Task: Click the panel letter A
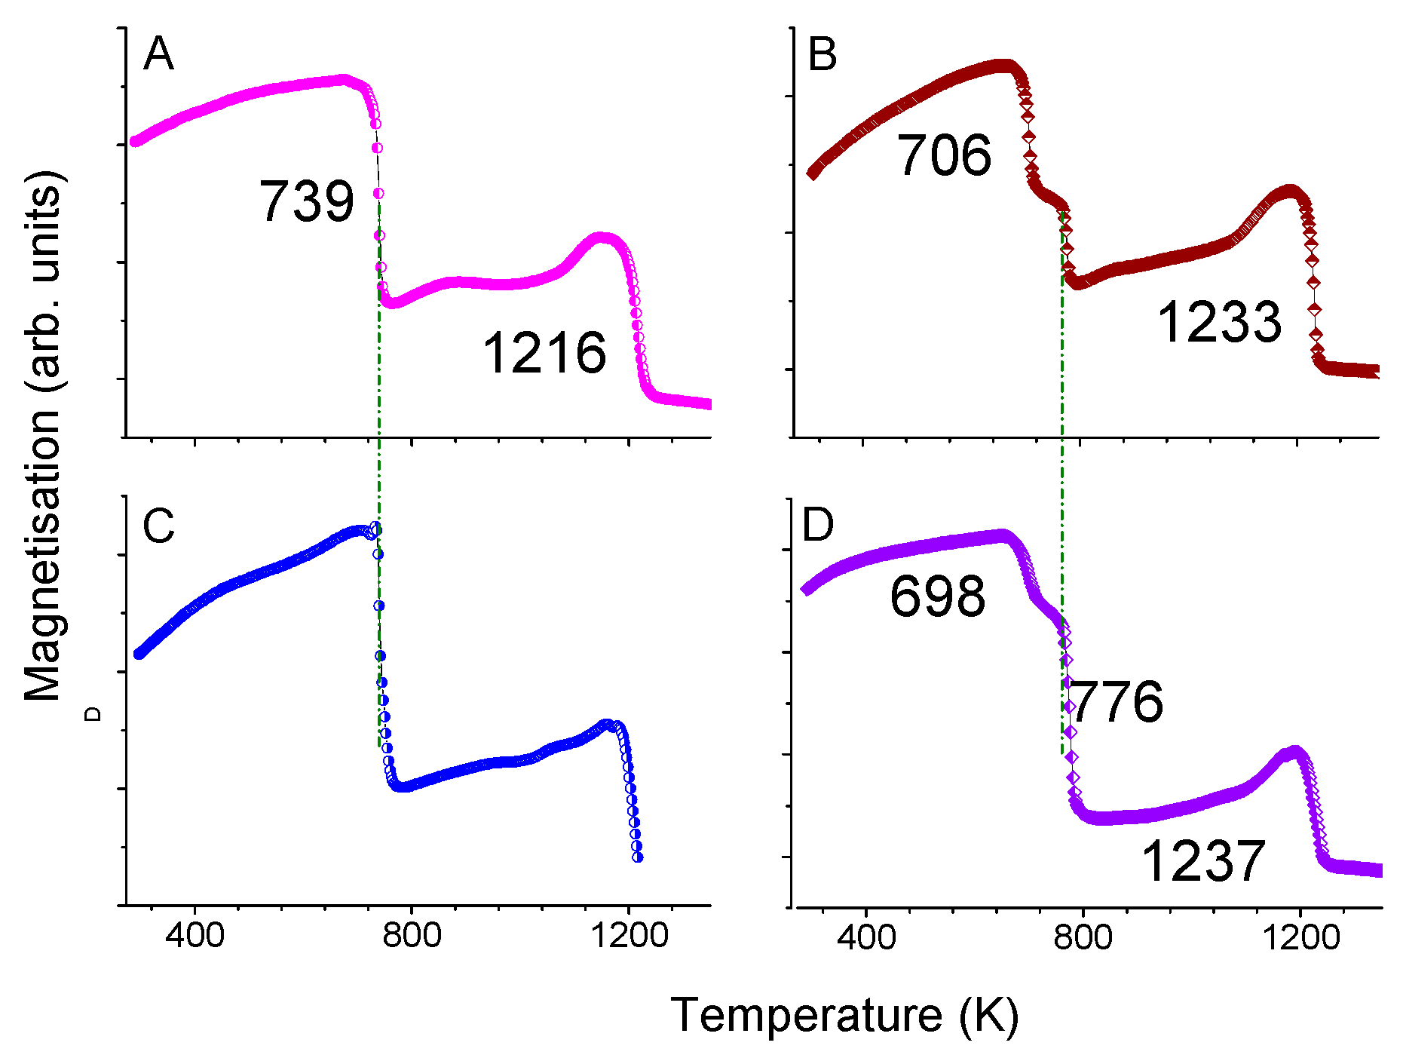(158, 55)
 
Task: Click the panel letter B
(822, 55)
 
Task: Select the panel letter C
(158, 526)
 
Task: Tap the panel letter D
(818, 524)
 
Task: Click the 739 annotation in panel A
(307, 202)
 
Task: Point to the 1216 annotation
(544, 353)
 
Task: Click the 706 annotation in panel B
(944, 156)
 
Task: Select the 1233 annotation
(1219, 322)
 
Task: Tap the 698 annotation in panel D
(937, 596)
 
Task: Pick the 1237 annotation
(1203, 861)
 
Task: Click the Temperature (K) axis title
(844, 1015)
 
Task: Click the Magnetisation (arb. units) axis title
(43, 437)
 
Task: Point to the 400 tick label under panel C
(195, 936)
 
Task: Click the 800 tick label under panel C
(412, 936)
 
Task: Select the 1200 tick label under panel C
(630, 936)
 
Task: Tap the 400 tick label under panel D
(866, 937)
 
